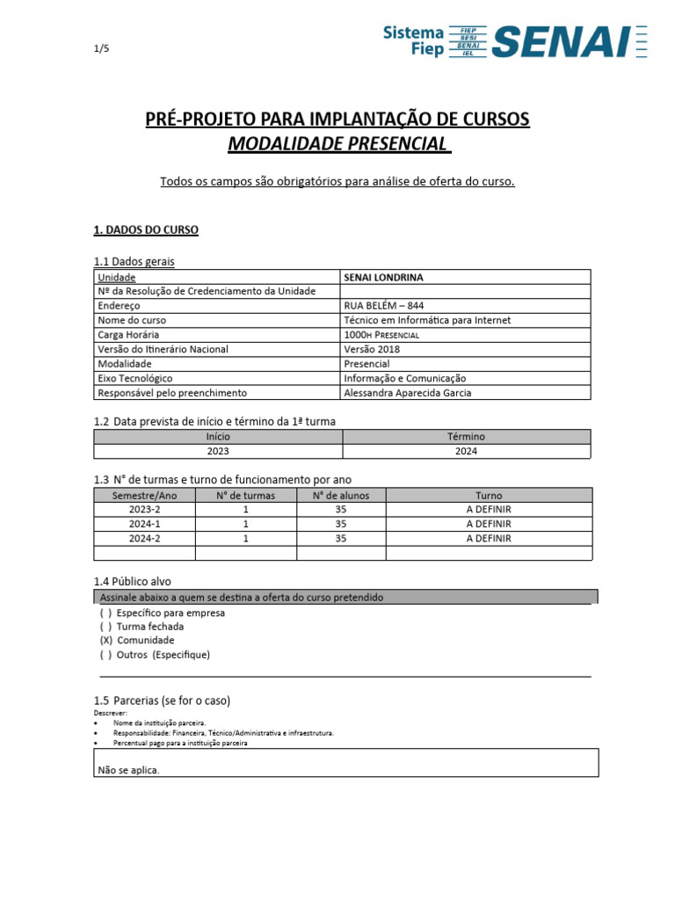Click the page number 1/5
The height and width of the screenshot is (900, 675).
tap(101, 49)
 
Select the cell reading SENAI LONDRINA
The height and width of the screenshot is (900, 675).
tap(383, 278)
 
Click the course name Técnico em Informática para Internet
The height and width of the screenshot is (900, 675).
tap(427, 321)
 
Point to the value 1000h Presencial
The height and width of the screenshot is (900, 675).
tap(381, 335)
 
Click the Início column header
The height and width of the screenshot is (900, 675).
tap(218, 437)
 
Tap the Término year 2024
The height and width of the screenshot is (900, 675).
tap(467, 452)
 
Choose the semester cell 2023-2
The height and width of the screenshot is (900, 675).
tap(144, 510)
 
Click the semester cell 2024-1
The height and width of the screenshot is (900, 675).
tap(144, 524)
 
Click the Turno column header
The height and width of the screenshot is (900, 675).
tap(489, 496)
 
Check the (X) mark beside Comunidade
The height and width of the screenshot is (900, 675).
tap(106, 641)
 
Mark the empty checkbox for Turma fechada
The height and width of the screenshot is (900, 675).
tap(105, 627)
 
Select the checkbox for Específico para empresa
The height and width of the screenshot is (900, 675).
tap(105, 613)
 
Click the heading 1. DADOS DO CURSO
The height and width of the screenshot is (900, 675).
tap(146, 230)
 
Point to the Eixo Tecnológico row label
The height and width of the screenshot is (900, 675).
tap(135, 378)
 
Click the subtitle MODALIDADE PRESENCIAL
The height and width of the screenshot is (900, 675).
tap(337, 144)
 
